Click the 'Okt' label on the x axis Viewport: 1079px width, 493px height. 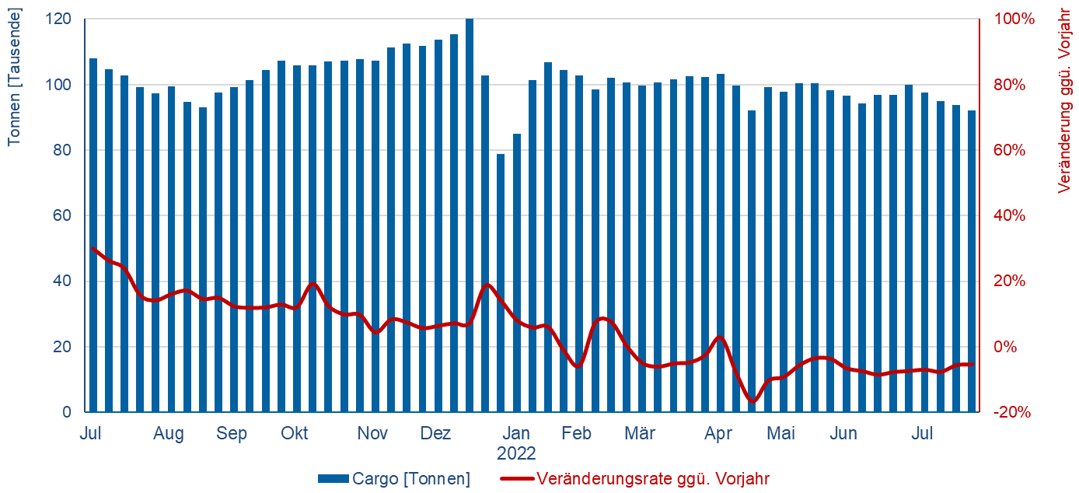[x=295, y=433]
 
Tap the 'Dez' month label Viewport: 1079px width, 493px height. [x=435, y=433]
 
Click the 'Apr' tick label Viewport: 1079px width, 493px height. [x=718, y=433]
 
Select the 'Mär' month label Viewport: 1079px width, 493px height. [x=640, y=433]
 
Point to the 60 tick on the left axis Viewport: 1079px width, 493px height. [x=64, y=215]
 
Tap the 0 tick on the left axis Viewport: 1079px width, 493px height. [x=68, y=412]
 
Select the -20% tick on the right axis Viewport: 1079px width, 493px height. [x=1012, y=412]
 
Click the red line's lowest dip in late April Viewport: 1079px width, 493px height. [x=752, y=401]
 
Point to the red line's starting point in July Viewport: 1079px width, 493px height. [x=93, y=248]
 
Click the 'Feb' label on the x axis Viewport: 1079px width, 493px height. [x=577, y=433]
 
